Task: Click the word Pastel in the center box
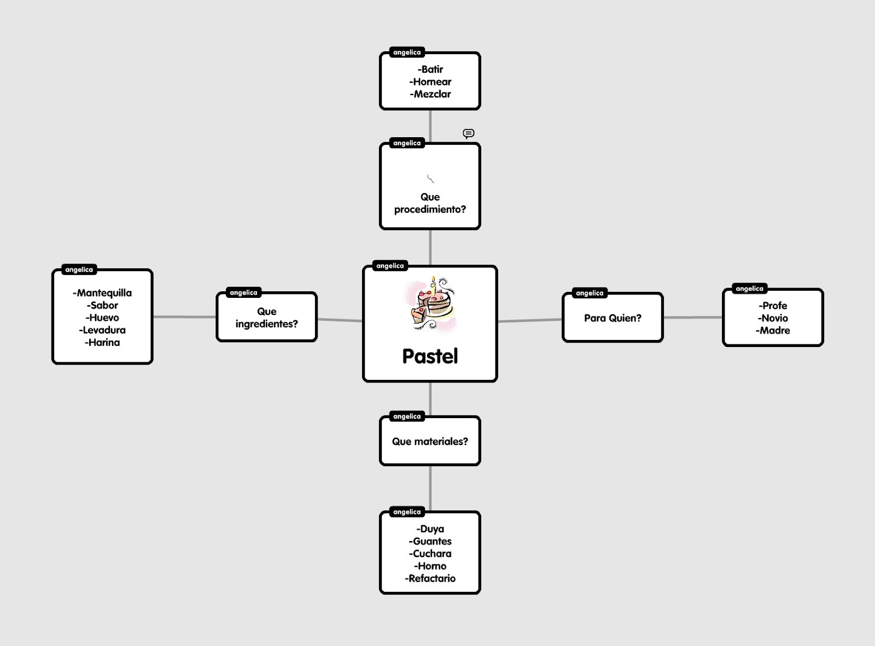[x=430, y=356]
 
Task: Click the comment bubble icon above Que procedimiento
[x=469, y=133]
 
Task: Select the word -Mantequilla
[x=102, y=293]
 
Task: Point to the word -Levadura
[x=102, y=330]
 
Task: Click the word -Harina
[x=102, y=343]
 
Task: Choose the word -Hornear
[x=430, y=82]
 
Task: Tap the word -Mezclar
[x=430, y=94]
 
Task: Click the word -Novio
[x=773, y=318]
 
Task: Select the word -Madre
[x=773, y=331]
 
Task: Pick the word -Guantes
[x=430, y=542]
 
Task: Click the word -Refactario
[x=430, y=579]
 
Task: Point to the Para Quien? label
[x=612, y=318]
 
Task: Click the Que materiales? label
[x=430, y=442]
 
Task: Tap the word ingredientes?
[x=267, y=324]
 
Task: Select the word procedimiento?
[x=430, y=209]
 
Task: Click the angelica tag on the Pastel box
[x=390, y=266]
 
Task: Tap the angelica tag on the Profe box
[x=749, y=289]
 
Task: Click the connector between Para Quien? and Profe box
[x=693, y=318]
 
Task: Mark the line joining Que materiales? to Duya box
[x=430, y=488]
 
